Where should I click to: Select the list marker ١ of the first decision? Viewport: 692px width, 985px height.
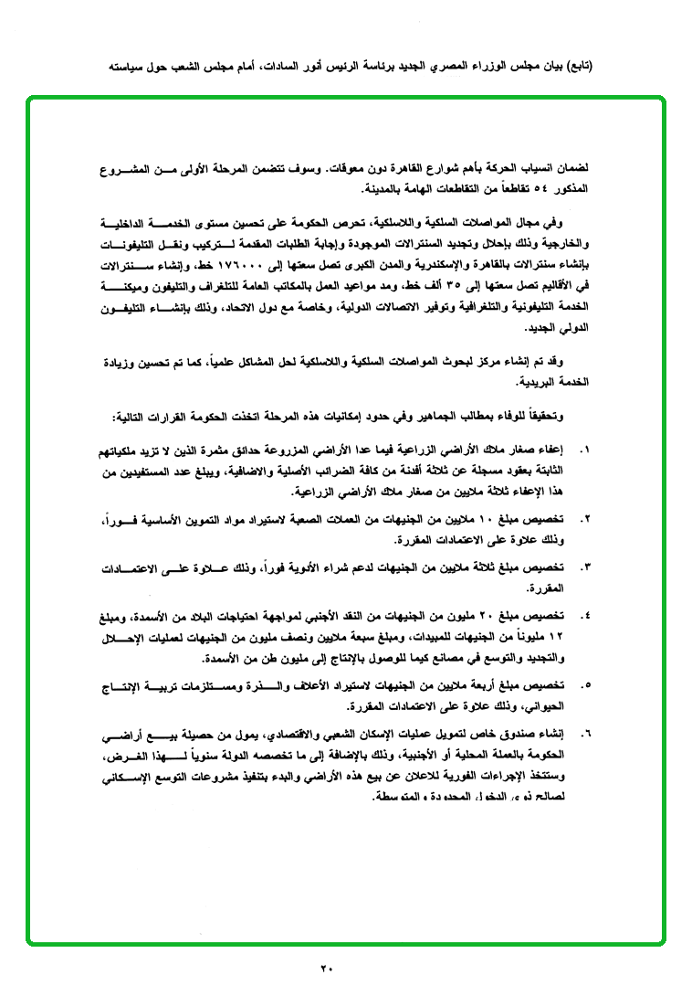tap(586, 450)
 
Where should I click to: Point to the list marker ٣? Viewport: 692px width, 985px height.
tap(586, 567)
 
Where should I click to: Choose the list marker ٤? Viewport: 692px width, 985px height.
tap(586, 616)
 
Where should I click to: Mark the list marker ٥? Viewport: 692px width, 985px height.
tap(586, 683)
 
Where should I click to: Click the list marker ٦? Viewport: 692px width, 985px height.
tap(586, 732)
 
